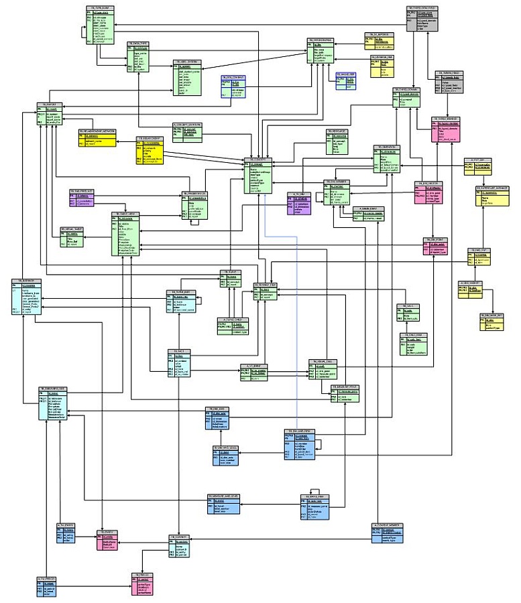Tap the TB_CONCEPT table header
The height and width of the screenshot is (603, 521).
262,159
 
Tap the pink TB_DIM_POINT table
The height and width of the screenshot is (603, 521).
435,245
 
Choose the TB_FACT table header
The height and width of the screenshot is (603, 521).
181,350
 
